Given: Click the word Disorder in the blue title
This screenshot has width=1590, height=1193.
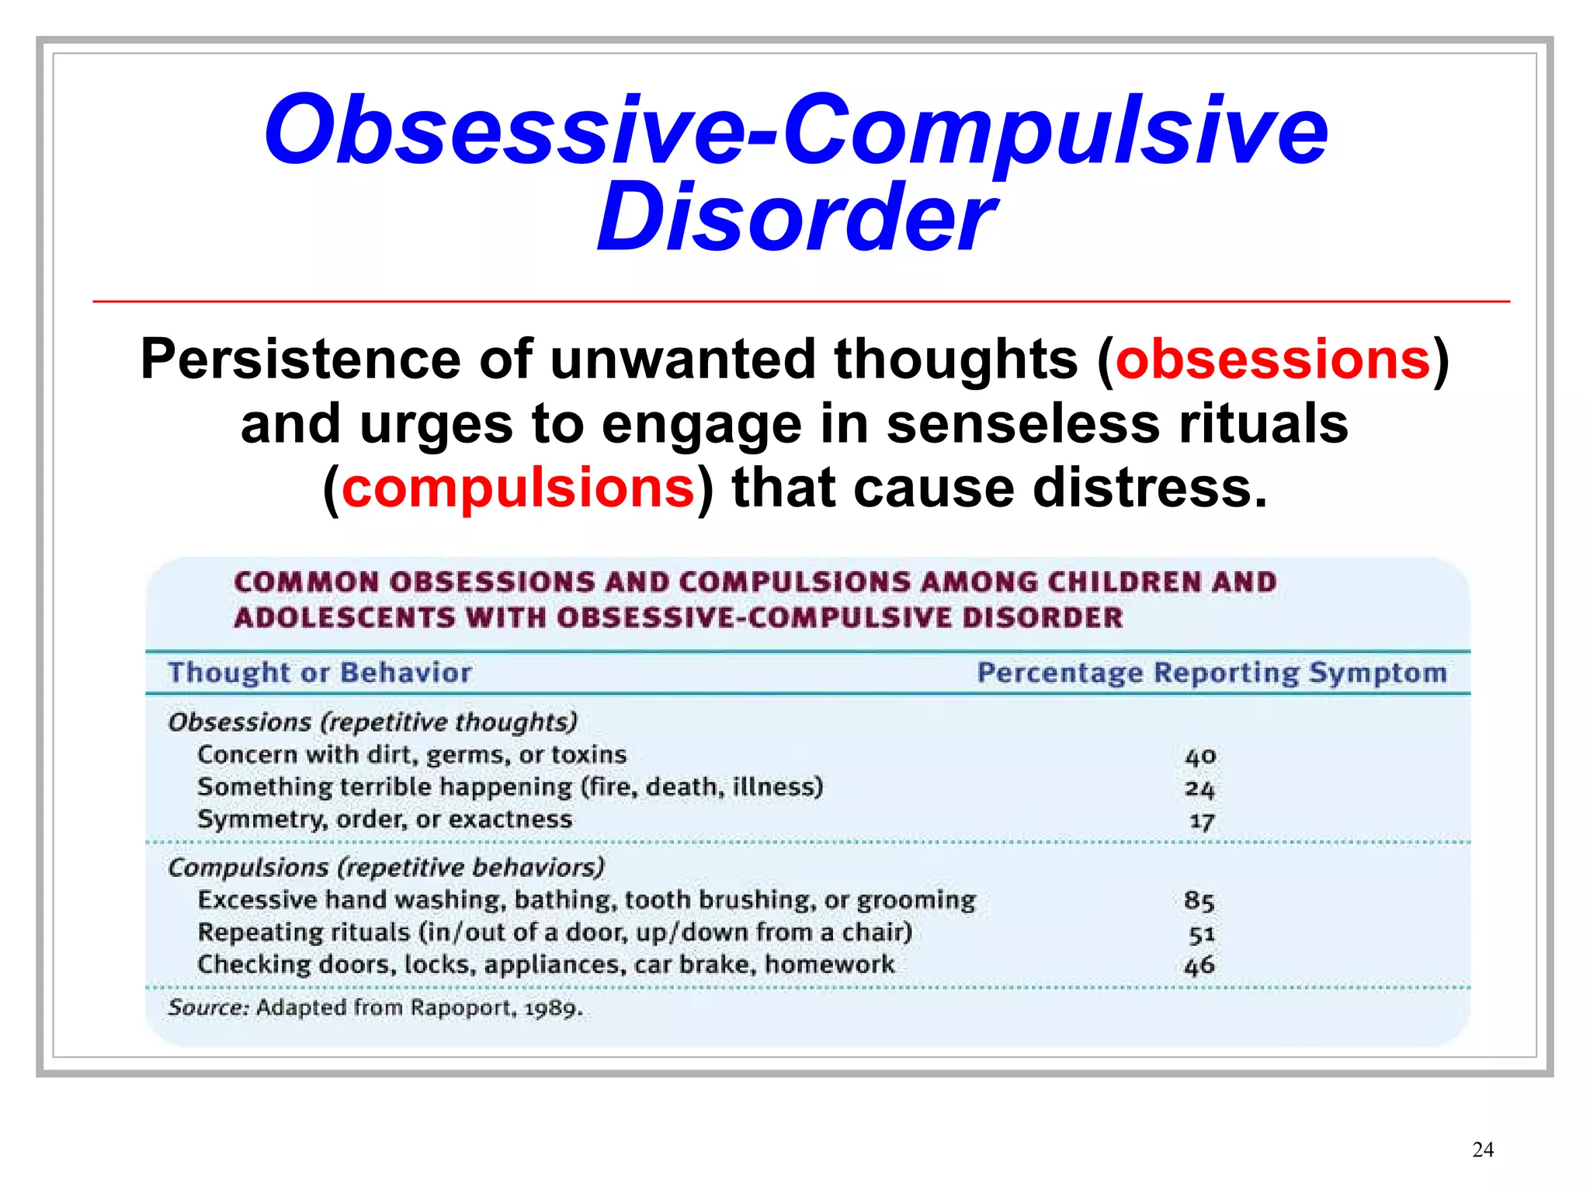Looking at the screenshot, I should tap(795, 217).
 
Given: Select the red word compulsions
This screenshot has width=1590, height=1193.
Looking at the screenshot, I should tap(518, 489).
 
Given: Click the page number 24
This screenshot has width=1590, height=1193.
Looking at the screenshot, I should tap(1482, 1150).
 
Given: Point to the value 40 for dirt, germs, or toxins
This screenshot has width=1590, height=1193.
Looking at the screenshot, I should tap(1200, 756).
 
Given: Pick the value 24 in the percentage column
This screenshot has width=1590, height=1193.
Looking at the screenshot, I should tap(1199, 789).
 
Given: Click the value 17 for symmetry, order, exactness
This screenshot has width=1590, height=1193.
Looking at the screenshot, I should tap(1201, 821).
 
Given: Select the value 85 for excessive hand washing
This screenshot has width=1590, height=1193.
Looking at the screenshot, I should tap(1199, 901).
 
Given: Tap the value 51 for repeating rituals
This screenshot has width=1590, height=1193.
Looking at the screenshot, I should tap(1201, 934).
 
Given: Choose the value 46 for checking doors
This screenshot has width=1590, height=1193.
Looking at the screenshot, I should tap(1199, 966).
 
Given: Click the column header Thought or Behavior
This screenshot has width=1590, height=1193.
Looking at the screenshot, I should tap(319, 673).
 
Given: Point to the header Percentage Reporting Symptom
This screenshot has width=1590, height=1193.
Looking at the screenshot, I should tap(1212, 673).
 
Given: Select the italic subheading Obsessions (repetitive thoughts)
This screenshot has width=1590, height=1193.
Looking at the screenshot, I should tap(373, 722).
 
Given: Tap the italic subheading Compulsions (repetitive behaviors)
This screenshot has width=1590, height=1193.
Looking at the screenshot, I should tap(386, 868).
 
